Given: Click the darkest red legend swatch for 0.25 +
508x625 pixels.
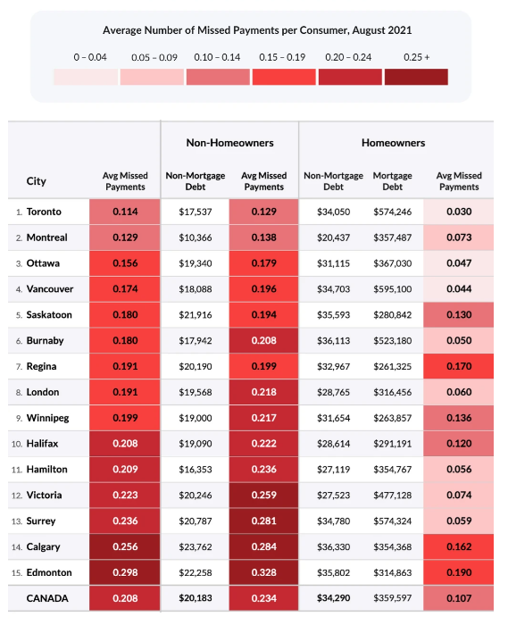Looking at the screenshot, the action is (416, 77).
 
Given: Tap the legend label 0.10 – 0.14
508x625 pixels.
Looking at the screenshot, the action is (217, 57).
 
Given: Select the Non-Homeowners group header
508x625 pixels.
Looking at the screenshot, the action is (230, 143).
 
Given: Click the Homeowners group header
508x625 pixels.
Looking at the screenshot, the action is (393, 143).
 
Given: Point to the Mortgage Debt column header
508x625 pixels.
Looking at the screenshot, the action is (393, 181).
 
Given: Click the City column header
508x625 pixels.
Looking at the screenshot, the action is (37, 181).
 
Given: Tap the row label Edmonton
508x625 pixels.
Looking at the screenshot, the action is (49, 572).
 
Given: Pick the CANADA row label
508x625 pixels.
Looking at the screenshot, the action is (47, 598).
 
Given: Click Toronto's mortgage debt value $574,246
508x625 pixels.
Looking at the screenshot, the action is (393, 212).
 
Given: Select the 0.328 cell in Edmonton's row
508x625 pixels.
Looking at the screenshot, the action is (263, 572).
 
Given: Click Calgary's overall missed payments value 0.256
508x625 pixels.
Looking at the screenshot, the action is (125, 546).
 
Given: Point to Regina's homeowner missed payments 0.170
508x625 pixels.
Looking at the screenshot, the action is (459, 366).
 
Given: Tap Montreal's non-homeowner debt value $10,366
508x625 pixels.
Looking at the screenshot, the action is (196, 237).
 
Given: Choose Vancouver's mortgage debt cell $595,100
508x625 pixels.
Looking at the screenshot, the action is (393, 289).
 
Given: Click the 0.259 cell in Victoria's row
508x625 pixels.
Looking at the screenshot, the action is (263, 495).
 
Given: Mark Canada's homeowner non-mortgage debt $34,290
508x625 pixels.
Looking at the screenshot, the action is (334, 598).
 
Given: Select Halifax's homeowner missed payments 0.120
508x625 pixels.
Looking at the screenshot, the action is (459, 444).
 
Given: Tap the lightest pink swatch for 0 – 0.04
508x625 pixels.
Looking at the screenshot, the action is (86, 77).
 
